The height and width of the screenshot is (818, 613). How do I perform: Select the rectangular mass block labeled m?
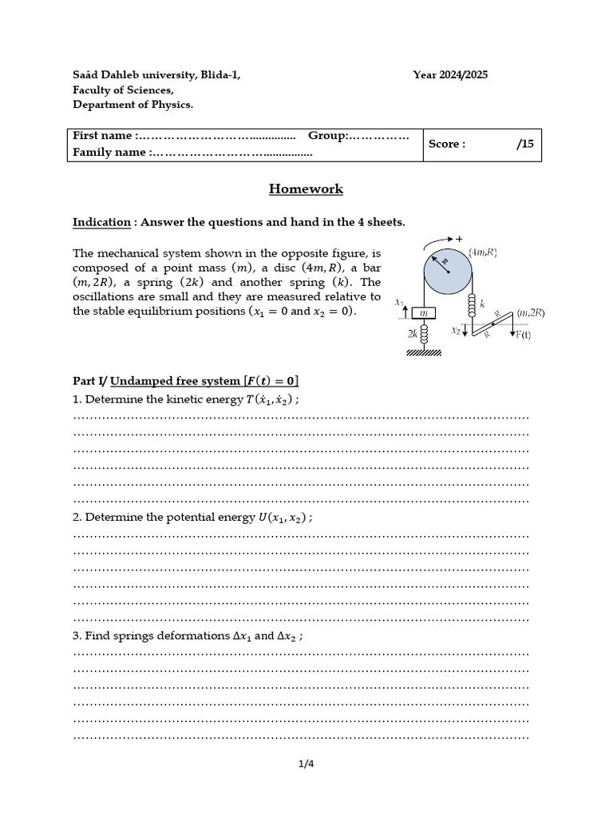[x=424, y=312]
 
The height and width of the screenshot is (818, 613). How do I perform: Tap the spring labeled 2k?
[x=425, y=332]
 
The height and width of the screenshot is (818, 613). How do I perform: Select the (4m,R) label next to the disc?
[x=484, y=252]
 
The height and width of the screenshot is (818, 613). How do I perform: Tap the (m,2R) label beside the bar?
[x=530, y=312]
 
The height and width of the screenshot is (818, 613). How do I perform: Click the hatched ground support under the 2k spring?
[x=425, y=352]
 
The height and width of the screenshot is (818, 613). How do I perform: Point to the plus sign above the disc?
[x=459, y=238]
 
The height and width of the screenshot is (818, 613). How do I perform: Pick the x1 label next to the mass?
[x=399, y=302]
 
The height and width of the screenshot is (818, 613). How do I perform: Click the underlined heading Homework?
[x=306, y=189]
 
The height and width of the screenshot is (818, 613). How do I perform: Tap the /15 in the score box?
[x=524, y=145]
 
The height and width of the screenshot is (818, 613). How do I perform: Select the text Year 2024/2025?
[x=450, y=75]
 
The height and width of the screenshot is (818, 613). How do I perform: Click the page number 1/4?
[x=306, y=764]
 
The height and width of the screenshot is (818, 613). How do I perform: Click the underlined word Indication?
[x=101, y=222]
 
